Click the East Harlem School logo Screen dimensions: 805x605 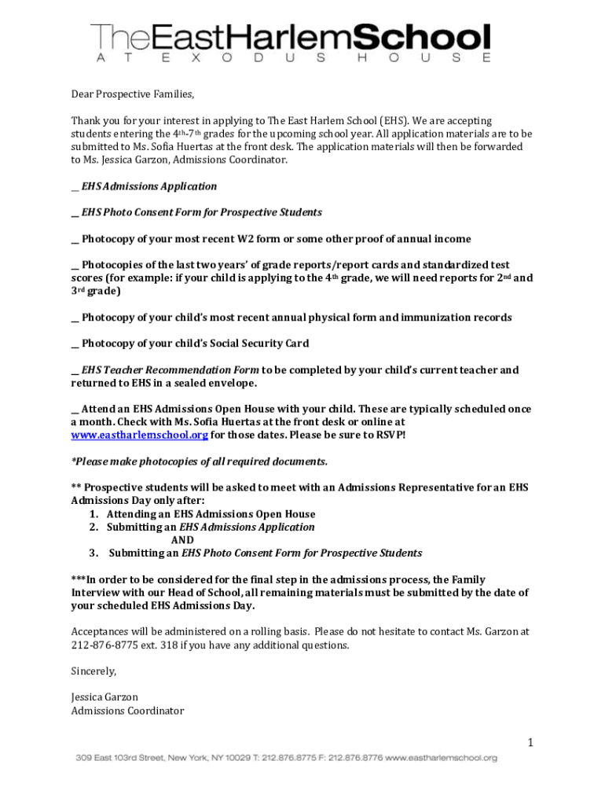[291, 42]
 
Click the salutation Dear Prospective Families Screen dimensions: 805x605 [132, 94]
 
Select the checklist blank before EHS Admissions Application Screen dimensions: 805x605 [75, 187]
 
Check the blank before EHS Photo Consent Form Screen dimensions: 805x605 [75, 213]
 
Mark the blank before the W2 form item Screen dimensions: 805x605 [75, 239]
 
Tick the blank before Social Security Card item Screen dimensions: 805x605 [75, 344]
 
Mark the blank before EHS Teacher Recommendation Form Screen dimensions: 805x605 [75, 370]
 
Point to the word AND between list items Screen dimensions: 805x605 [182, 540]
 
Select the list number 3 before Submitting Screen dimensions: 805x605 [93, 553]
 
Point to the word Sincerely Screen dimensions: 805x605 [93, 671]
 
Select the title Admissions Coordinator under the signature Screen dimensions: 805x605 [127, 711]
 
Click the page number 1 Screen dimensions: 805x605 [530, 743]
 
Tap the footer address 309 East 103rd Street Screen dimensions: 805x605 [123, 758]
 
